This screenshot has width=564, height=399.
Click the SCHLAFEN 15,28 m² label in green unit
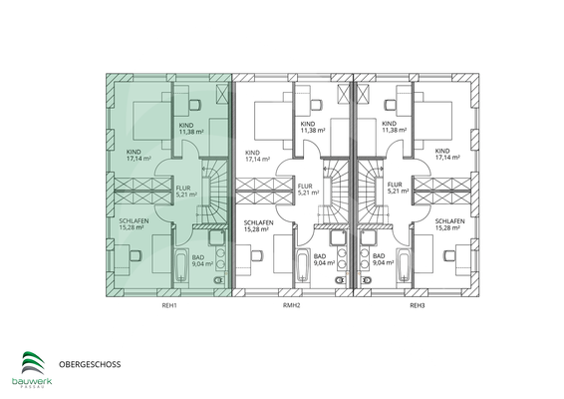point(135,225)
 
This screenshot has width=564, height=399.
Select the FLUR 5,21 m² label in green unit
point(186,190)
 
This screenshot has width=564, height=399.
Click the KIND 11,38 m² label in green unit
point(192,128)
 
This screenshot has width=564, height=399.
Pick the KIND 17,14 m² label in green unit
point(139,155)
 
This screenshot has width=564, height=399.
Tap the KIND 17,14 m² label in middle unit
point(258,155)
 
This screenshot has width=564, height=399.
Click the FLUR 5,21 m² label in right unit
point(396,190)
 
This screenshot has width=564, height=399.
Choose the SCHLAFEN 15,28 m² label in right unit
point(450,225)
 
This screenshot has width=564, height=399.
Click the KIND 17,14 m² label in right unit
point(448,155)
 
